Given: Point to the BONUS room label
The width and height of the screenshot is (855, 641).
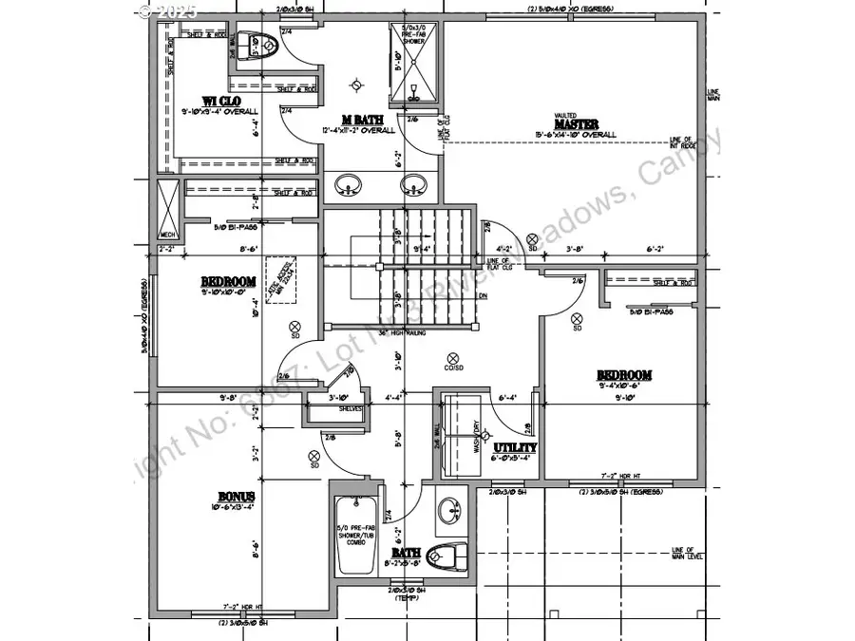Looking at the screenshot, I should [x=236, y=497].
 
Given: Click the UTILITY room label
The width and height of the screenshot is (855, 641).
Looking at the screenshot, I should [x=515, y=446].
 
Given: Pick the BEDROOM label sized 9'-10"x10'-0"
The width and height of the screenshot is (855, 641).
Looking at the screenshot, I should [x=228, y=281].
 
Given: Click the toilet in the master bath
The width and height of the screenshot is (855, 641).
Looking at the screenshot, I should [x=256, y=45].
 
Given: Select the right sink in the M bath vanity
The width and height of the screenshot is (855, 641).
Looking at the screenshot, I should [x=413, y=182].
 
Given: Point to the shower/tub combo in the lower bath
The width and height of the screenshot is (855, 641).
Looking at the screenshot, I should [x=357, y=537].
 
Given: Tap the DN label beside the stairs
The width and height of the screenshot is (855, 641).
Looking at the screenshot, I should [x=483, y=296].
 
